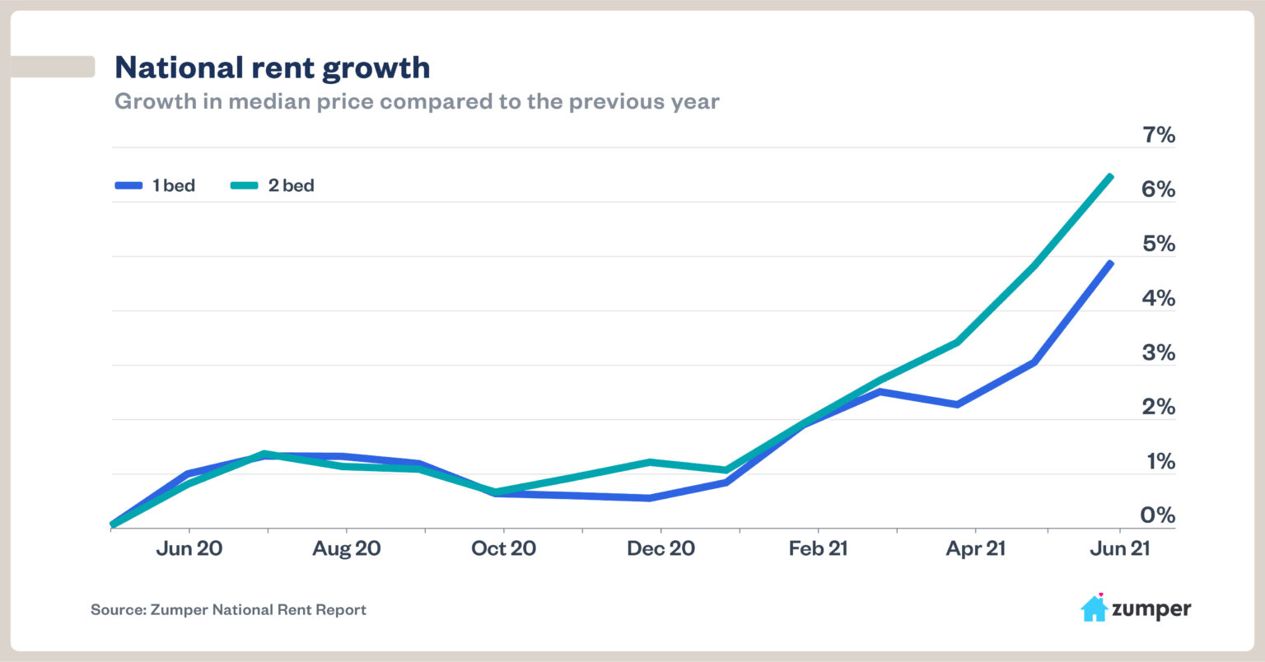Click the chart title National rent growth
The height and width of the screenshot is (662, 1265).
272,68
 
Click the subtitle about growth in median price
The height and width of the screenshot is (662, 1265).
417,102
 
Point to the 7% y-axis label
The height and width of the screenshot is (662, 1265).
1158,135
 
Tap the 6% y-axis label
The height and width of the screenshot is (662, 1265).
1158,189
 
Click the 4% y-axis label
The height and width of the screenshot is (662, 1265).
1158,298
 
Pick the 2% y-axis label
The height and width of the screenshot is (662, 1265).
1158,407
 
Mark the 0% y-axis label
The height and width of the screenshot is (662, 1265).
1158,515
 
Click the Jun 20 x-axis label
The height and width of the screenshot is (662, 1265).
189,548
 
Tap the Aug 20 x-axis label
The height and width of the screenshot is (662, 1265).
347,548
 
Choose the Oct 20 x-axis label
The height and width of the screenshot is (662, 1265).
503,548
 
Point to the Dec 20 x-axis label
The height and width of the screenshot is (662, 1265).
661,548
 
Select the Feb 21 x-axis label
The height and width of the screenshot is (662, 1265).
818,548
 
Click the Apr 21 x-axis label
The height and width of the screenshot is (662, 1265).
975,548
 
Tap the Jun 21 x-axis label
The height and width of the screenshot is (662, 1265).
1119,548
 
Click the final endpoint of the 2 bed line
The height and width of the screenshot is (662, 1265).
1110,176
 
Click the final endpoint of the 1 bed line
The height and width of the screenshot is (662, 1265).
1110,263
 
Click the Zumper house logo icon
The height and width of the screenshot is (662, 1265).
1094,608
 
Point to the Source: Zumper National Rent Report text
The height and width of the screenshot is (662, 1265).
228,610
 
